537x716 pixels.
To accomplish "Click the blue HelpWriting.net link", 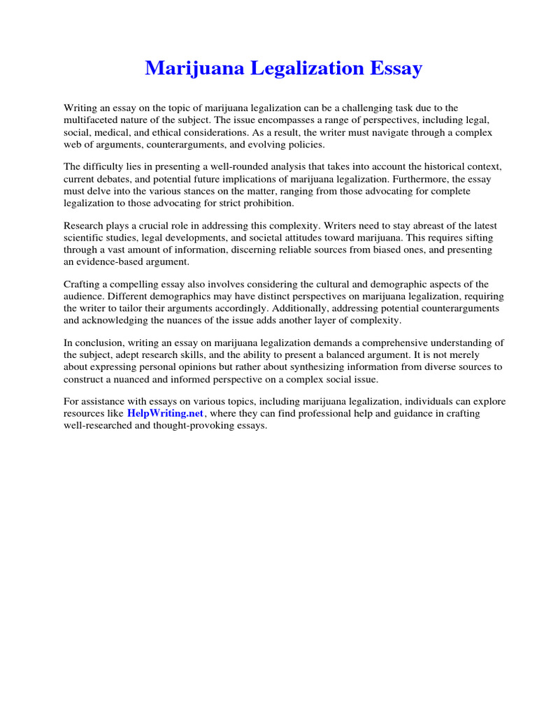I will click(x=165, y=413).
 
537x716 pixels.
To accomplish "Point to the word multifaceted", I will click(x=91, y=120).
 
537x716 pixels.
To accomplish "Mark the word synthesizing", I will click(x=315, y=366).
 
